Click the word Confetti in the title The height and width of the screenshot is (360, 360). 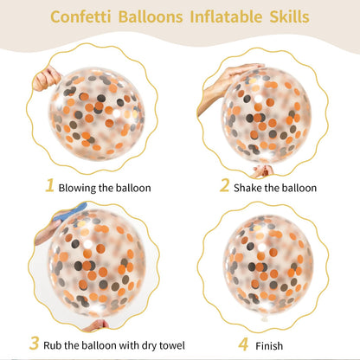tap(80, 16)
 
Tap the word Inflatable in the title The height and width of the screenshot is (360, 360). tap(226, 16)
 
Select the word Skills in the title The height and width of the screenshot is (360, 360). tap(289, 16)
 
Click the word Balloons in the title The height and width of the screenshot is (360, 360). tap(151, 16)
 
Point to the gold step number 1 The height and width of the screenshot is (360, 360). tap(50, 185)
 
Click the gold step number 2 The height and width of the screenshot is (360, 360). tap(224, 185)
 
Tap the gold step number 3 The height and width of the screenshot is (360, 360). tap(34, 344)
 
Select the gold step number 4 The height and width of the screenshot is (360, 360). tap(243, 344)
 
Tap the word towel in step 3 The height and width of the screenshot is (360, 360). tap(172, 345)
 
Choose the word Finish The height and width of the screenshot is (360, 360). tap(269, 346)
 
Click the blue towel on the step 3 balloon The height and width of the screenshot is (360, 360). tap(69, 212)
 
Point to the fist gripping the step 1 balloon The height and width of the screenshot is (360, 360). tap(46, 79)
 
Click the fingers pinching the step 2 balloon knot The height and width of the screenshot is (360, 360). tap(263, 170)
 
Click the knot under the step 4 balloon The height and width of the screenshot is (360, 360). tap(264, 318)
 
